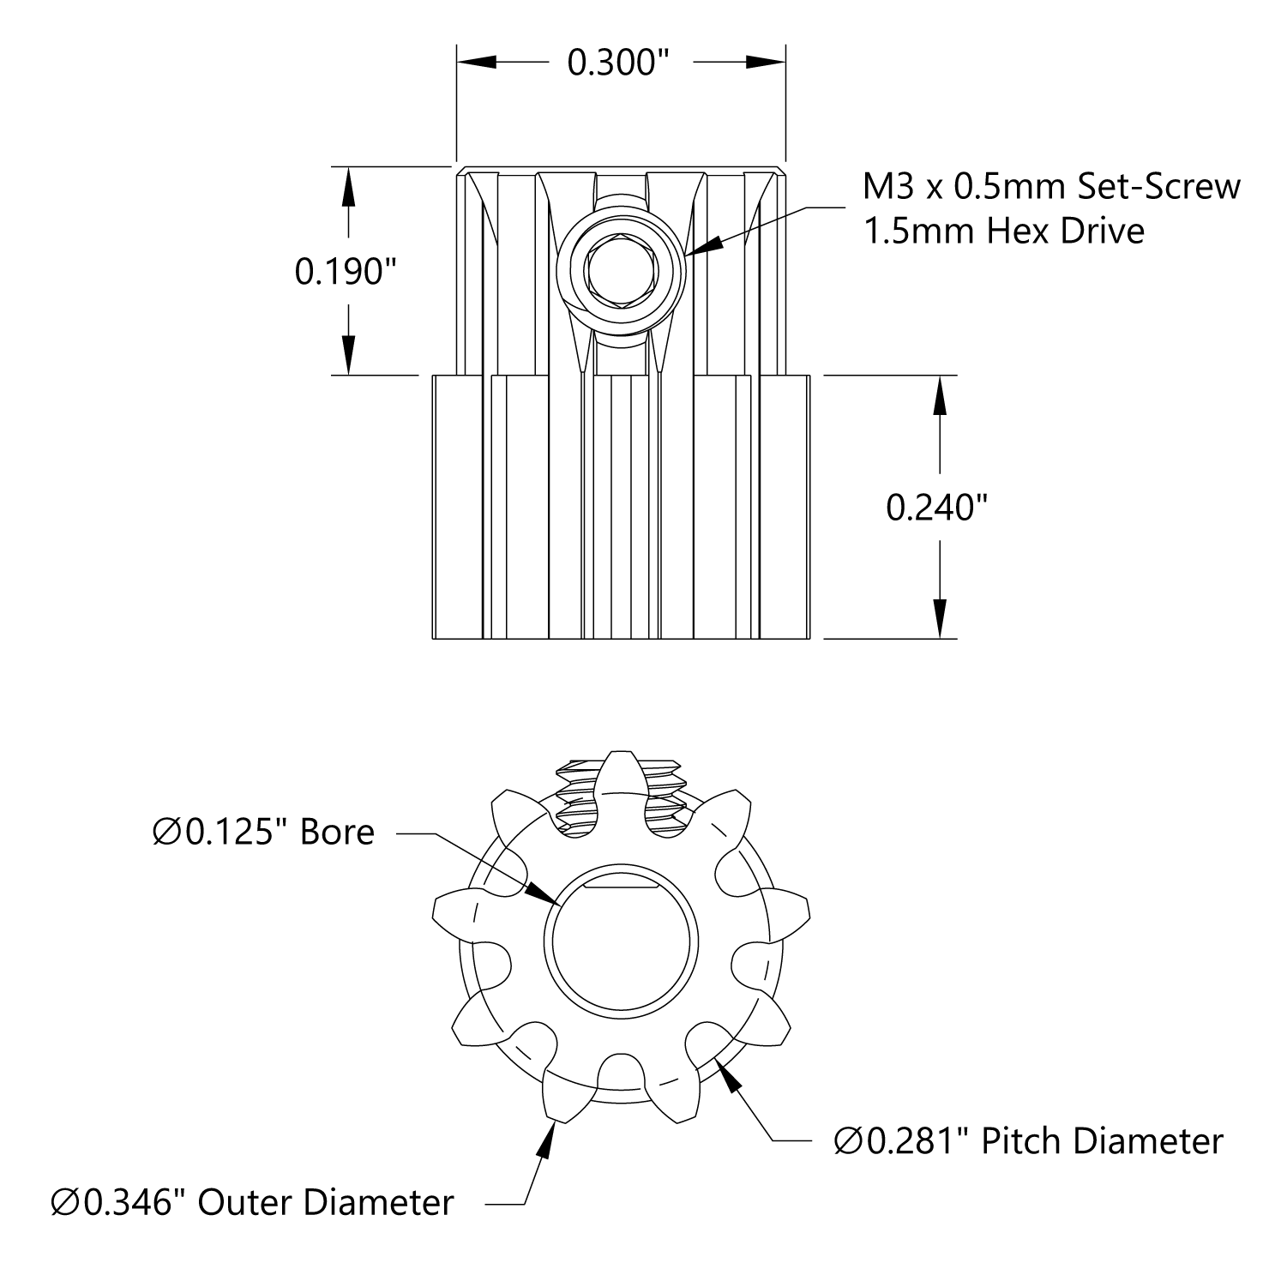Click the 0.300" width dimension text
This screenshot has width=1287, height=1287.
[x=618, y=62]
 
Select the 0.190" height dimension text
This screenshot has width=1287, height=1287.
[x=346, y=272]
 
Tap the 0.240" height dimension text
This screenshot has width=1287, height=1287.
[x=937, y=508]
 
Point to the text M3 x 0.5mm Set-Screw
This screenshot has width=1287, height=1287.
[x=1051, y=186]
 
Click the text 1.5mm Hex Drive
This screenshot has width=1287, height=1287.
[x=1003, y=231]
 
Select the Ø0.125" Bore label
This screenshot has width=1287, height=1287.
[x=263, y=832]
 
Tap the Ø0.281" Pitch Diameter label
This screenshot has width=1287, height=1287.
[x=1028, y=1141]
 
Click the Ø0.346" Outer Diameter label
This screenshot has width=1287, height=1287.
[x=252, y=1202]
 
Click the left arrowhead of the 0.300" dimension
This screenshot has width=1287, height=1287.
[x=477, y=62]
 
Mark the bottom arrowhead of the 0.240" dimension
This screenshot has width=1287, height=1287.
[x=941, y=617]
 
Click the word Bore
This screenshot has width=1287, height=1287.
[x=337, y=832]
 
